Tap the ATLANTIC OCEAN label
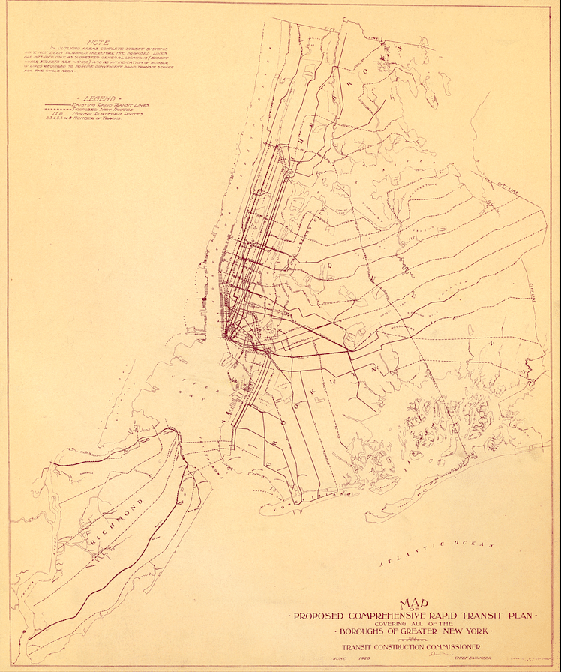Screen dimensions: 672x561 (x=436, y=553)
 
